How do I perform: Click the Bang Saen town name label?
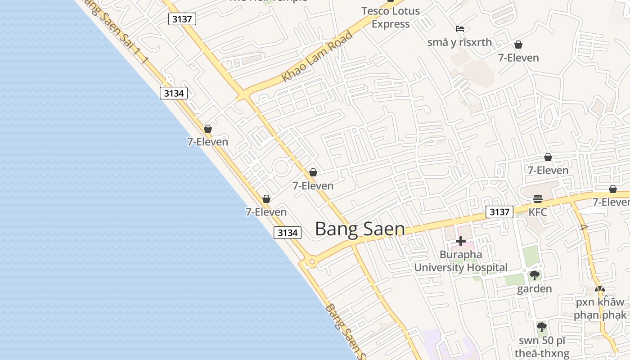[360, 229]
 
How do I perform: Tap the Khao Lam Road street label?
[317, 57]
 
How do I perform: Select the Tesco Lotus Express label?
[391, 18]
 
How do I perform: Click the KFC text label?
[538, 212]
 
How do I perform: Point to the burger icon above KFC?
[538, 199]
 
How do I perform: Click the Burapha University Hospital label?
[461, 261]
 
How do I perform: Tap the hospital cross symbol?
[461, 241]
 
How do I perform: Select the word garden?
[534, 289]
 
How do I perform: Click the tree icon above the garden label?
[534, 275]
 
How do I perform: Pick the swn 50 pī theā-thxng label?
[542, 347]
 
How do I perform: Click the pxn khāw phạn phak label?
[600, 308]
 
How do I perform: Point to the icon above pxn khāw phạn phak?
[600, 289]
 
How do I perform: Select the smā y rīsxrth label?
[459, 42]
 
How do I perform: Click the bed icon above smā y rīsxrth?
[459, 29]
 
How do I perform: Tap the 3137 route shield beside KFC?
[499, 212]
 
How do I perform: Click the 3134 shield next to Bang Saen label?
[288, 233]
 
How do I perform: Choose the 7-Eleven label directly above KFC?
[548, 171]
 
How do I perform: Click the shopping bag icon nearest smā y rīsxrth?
[518, 45]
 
